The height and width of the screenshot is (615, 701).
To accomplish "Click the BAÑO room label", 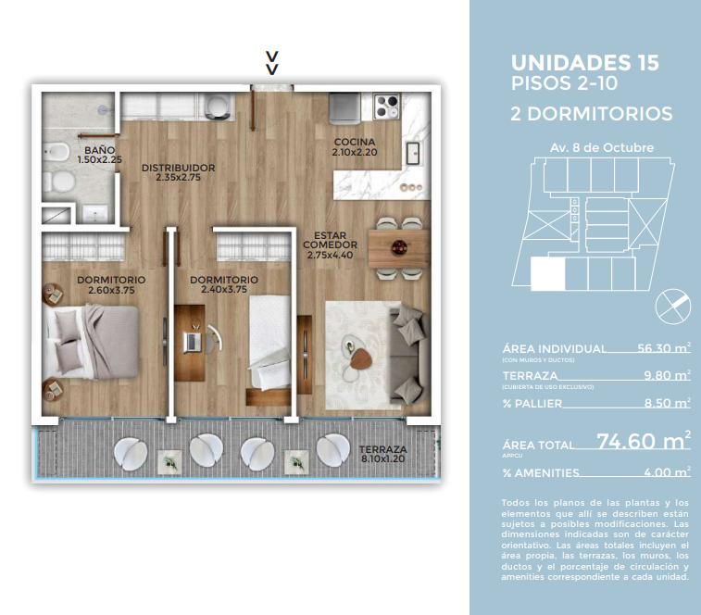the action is (x=99, y=150).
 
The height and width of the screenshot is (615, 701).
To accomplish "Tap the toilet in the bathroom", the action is (x=60, y=182).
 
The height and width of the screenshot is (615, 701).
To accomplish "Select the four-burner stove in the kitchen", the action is (x=387, y=106).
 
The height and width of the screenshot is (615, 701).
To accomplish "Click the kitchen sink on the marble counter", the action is (x=413, y=154).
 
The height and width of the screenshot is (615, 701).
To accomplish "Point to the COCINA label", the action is (x=355, y=142).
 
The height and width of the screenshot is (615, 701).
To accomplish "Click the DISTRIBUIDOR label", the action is (x=179, y=168).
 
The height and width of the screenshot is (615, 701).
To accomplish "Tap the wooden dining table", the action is (x=399, y=248).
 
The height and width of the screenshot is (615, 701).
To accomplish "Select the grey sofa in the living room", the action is (x=407, y=353).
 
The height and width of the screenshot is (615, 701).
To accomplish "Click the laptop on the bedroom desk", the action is (x=193, y=342).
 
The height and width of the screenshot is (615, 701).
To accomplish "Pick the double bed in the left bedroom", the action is (x=91, y=342).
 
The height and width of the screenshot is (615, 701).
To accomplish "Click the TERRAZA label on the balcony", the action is (x=382, y=449).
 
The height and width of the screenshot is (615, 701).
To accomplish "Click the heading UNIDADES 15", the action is (x=584, y=63).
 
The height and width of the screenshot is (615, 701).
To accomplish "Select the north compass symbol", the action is (x=672, y=306).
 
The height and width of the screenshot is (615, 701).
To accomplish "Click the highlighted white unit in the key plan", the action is (x=547, y=273).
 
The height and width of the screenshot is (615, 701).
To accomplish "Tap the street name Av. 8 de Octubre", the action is (x=602, y=147).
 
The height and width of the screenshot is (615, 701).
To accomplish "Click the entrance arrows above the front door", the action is (x=272, y=63).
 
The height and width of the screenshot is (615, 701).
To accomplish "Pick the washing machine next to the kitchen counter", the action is (x=219, y=107).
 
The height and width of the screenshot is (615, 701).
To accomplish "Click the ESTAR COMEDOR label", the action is (x=330, y=240).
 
